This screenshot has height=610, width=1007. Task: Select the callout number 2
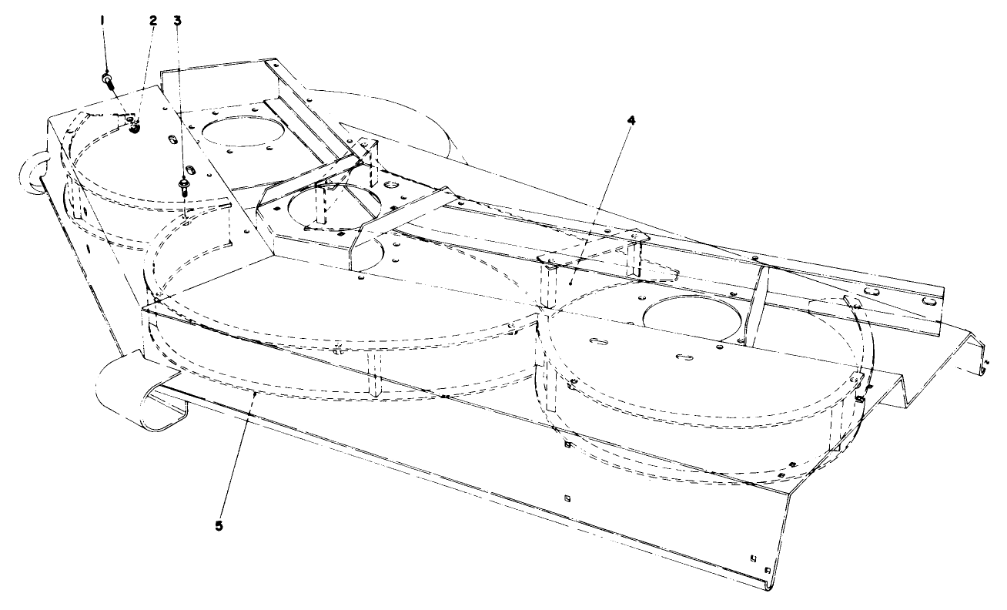(152, 19)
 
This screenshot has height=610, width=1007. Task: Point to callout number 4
(631, 121)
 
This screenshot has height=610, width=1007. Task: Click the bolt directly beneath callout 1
(107, 79)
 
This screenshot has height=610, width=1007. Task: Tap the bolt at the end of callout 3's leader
(185, 186)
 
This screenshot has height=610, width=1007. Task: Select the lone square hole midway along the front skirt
(566, 497)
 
